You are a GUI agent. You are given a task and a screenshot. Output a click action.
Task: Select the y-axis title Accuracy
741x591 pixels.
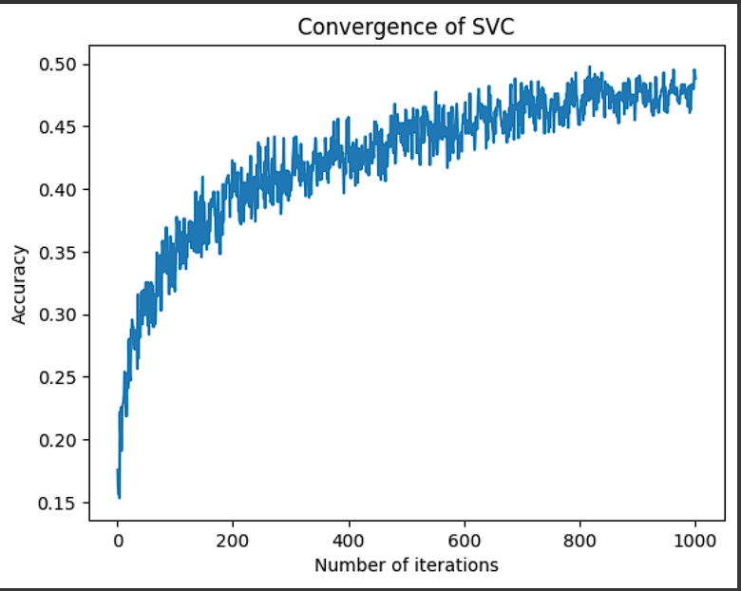(19, 285)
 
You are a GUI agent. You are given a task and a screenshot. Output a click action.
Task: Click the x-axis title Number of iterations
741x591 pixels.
(406, 565)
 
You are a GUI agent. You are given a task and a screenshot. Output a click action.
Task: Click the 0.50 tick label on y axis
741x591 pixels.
(59, 65)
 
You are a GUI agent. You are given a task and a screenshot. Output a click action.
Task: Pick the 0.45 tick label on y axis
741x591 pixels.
(59, 127)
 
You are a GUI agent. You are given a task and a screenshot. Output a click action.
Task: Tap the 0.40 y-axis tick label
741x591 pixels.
(59, 190)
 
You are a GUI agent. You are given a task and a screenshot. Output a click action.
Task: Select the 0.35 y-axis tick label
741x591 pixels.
(59, 253)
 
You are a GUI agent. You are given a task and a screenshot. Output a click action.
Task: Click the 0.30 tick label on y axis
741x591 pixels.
(59, 315)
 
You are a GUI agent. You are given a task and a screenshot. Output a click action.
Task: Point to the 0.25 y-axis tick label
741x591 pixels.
(59, 377)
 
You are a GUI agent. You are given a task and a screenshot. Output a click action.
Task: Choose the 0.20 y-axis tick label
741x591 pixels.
(59, 440)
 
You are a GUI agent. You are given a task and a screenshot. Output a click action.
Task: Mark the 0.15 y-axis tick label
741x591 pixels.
(59, 503)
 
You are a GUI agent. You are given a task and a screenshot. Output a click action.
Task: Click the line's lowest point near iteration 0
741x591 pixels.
(119, 496)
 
